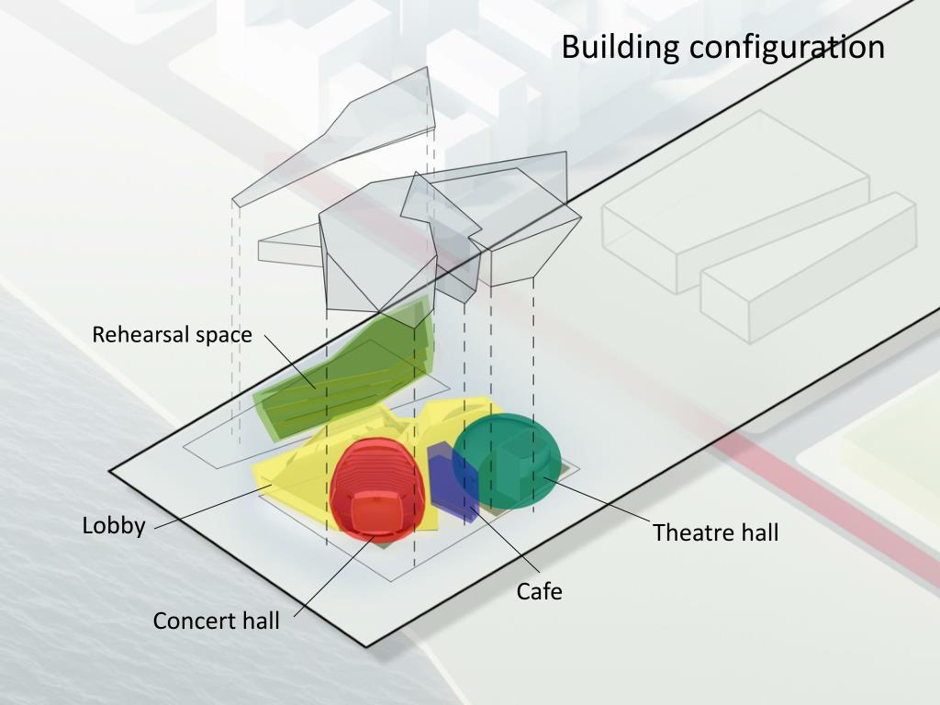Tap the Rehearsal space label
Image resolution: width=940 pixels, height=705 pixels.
[172, 334]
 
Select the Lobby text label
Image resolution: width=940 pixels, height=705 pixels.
[114, 526]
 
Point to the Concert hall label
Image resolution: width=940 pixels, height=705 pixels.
[216, 621]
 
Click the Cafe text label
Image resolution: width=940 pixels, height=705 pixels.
[539, 591]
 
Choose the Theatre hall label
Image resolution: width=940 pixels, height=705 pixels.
[715, 532]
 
